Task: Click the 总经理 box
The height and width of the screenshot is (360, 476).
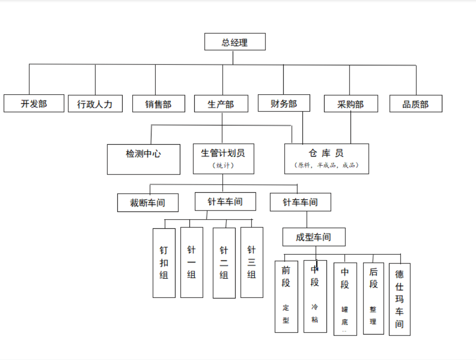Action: (x=235, y=42)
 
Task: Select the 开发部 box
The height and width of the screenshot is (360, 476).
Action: (x=34, y=103)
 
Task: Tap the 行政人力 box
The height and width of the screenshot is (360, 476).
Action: (x=95, y=104)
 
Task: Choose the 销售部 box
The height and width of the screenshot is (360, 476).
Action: (x=159, y=104)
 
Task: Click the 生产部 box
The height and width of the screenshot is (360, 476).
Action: (x=221, y=104)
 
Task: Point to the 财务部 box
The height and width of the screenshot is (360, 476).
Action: (x=284, y=103)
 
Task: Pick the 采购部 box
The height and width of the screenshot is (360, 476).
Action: (x=351, y=104)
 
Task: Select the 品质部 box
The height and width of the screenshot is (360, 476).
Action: (x=415, y=104)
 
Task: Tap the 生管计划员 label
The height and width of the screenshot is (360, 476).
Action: (x=223, y=153)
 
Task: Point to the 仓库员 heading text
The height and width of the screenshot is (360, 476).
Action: (x=326, y=153)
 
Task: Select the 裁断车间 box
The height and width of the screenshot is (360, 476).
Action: (x=148, y=202)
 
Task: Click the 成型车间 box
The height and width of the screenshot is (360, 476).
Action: (x=313, y=237)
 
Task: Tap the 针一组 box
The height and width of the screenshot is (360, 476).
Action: (x=191, y=262)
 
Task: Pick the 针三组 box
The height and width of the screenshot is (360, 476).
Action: (x=251, y=262)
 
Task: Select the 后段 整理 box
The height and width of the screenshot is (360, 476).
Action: (x=374, y=298)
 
